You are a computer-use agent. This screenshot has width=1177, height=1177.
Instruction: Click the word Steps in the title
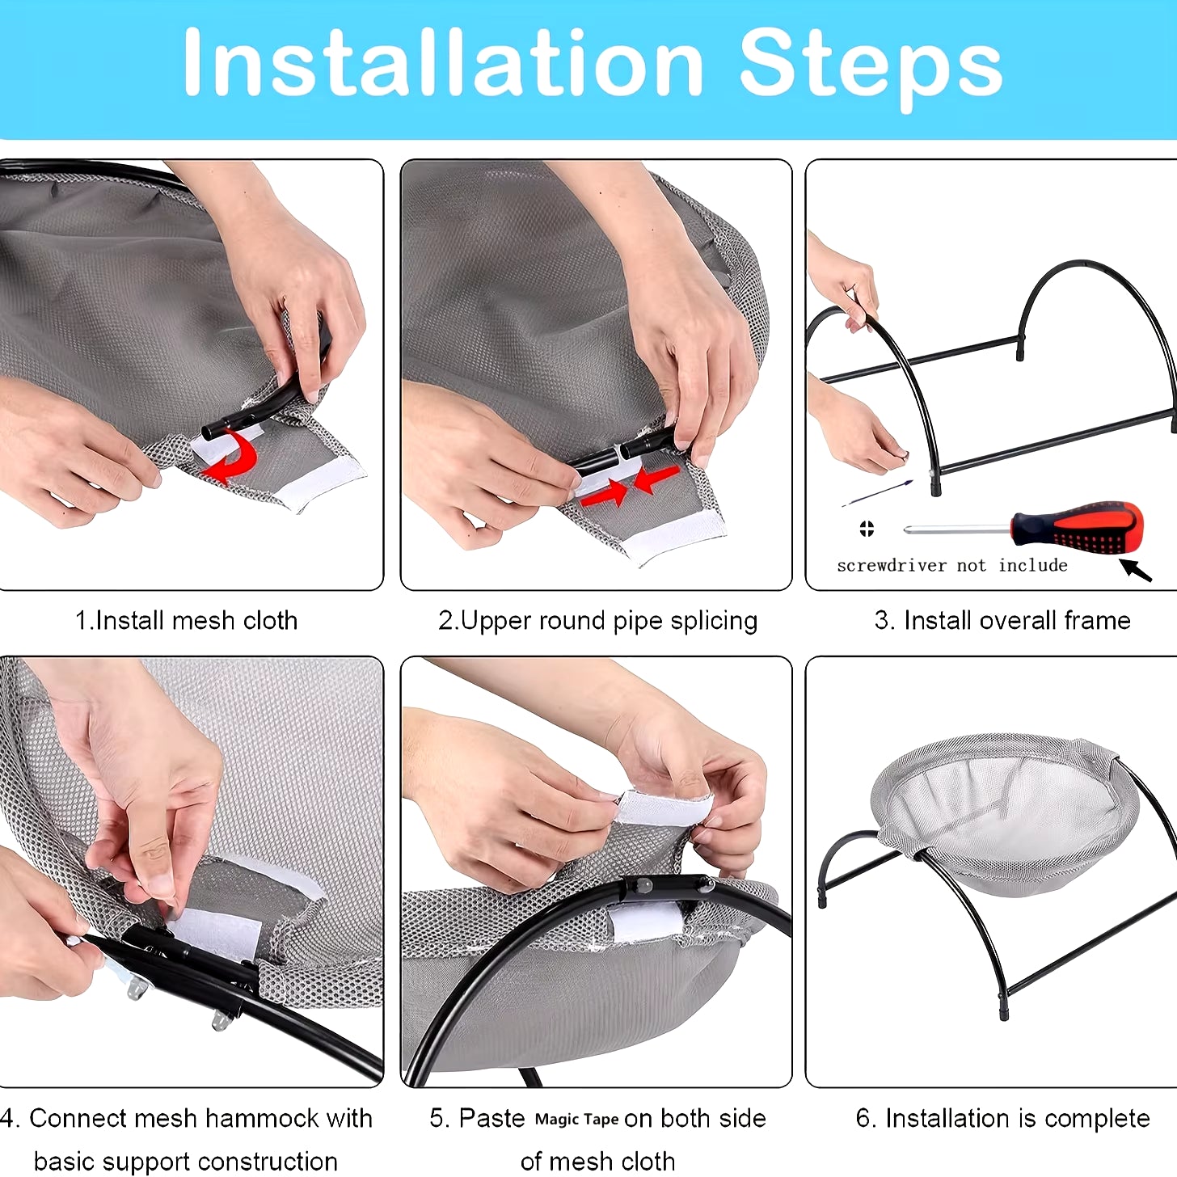click(x=871, y=69)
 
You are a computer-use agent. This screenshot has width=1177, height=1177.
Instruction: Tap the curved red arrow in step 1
click(x=234, y=455)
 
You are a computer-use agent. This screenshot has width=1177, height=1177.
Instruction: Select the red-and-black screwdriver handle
click(x=1077, y=525)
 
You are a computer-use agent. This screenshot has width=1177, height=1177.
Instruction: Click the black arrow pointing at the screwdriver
click(x=1136, y=570)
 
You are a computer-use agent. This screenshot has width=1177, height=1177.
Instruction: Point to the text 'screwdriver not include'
click(x=952, y=566)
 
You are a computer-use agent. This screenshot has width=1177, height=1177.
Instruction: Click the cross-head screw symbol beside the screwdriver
click(x=867, y=529)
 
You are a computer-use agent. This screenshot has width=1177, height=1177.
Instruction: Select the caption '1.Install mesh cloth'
click(x=186, y=621)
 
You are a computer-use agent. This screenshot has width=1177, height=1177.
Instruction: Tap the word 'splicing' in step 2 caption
click(x=714, y=622)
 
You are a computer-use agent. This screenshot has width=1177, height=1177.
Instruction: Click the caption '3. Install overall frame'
click(x=1002, y=621)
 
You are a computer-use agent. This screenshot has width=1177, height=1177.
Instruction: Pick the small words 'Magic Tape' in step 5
click(x=576, y=1120)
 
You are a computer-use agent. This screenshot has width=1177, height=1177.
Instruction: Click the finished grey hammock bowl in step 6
click(x=1004, y=812)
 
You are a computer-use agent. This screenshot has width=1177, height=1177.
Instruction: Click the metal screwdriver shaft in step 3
click(x=956, y=529)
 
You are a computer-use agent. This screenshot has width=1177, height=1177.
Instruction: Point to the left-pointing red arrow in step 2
click(x=656, y=479)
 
